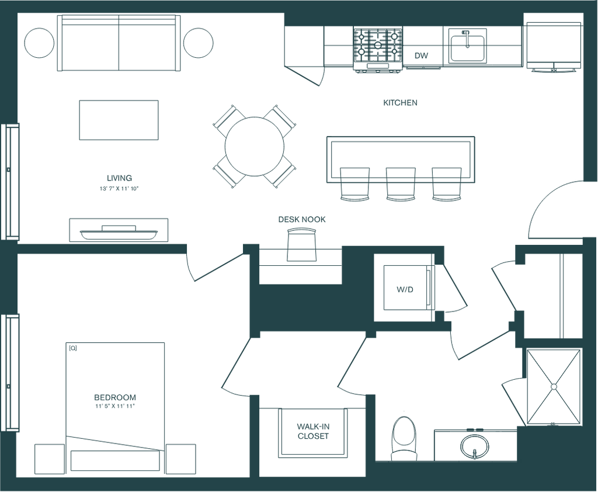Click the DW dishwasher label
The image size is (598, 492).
click(x=421, y=56)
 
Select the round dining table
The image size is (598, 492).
click(x=255, y=146)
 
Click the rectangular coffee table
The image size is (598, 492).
click(x=119, y=120)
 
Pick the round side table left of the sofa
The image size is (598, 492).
click(x=39, y=42)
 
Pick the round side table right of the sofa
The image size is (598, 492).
click(x=199, y=42)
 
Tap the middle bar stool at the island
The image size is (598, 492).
click(x=401, y=183)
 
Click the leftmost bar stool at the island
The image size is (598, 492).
click(x=355, y=183)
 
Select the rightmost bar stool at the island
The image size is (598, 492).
click(x=446, y=183)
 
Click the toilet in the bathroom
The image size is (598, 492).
click(x=404, y=435)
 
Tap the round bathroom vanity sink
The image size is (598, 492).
click(x=474, y=446)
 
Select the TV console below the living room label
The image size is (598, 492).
click(x=119, y=230)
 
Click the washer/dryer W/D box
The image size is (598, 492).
click(x=405, y=289)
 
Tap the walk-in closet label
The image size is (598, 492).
click(x=313, y=431)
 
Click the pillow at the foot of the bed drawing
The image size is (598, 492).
click(x=115, y=460)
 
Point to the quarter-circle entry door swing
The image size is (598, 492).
click(x=555, y=210)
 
